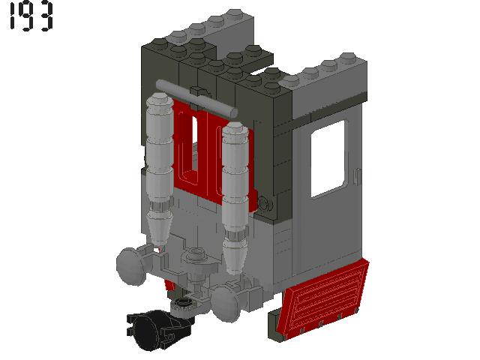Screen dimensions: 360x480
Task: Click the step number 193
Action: pyautogui.click(x=31, y=17)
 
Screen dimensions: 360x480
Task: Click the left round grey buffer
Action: pyautogui.click(x=129, y=263)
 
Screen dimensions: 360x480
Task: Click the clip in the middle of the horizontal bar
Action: pyautogui.click(x=201, y=97)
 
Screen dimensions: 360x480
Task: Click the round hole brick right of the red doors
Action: pyautogui.click(x=266, y=202)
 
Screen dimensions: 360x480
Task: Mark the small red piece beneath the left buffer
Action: pyautogui.click(x=170, y=285)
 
